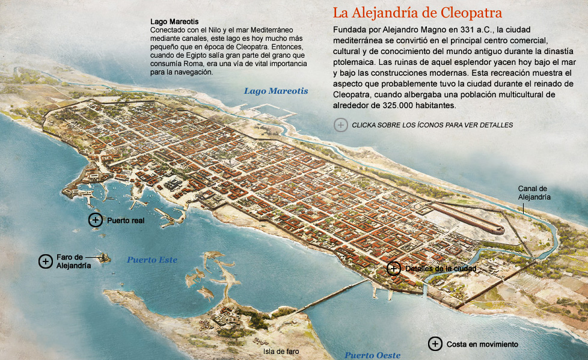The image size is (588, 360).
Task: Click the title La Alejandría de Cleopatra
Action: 417,13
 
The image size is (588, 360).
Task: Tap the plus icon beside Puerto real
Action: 95,220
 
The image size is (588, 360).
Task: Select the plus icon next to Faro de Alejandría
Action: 45,261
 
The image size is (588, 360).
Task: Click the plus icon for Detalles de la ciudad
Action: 394,268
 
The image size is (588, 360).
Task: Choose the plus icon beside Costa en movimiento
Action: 435,344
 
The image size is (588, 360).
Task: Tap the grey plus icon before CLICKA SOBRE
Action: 341,125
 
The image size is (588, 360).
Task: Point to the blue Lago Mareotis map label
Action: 275,91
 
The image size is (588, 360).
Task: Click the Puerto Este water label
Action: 152,260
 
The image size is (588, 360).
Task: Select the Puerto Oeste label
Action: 372,355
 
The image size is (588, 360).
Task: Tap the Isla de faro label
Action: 281,352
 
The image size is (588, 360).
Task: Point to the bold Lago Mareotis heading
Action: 174,22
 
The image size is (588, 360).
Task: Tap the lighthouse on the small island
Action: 105,258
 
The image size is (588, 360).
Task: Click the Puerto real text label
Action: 126,221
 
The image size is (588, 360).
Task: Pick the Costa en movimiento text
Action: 482,344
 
